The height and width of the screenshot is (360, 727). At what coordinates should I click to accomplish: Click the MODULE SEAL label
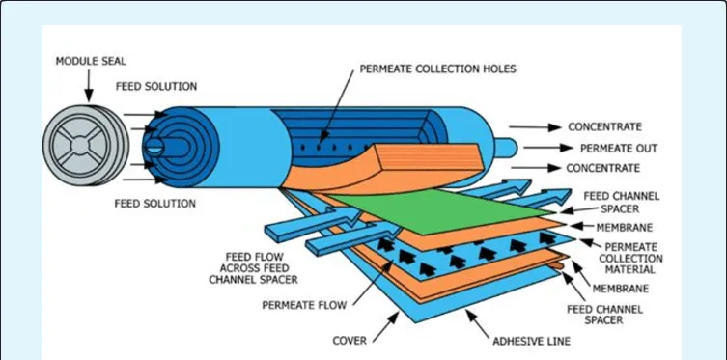[x=88, y=60]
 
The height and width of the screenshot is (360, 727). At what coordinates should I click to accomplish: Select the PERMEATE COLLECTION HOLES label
[x=437, y=69]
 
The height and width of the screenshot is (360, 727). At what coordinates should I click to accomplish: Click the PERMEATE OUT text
[x=619, y=148]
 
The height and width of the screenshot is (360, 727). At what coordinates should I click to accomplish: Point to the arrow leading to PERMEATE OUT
[x=551, y=148]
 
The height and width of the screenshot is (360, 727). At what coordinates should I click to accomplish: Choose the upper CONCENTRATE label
[x=604, y=127]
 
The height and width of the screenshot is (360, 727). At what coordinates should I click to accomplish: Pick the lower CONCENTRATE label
[x=604, y=168]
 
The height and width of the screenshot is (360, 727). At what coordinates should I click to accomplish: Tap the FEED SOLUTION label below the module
[x=155, y=204]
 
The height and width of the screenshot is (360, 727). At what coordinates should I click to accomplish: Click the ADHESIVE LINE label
[x=531, y=341]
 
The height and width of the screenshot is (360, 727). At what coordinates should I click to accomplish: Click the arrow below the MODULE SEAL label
[x=89, y=85]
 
